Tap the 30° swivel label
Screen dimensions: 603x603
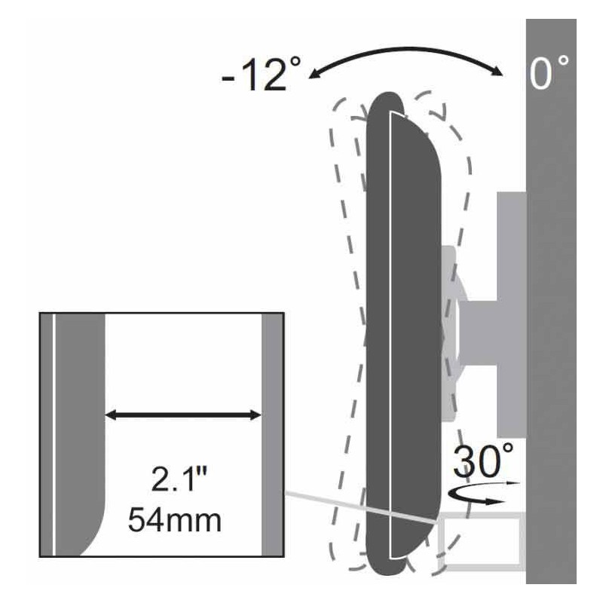483,461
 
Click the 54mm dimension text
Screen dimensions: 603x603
175,519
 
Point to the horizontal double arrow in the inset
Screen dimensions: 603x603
183,415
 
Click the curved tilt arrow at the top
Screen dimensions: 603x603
406,49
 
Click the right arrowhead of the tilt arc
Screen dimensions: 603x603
499,72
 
